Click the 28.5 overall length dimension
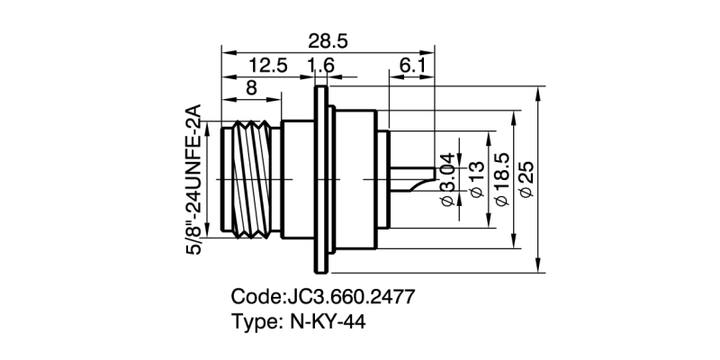tap(328, 41)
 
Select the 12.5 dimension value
tap(268, 66)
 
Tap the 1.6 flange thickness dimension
tap(321, 66)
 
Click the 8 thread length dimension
tap(250, 88)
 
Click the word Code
tap(256, 296)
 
